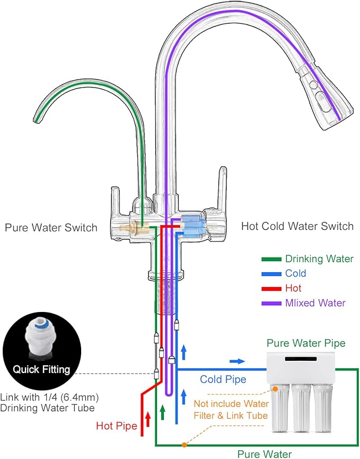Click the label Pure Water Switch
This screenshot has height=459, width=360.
click(x=51, y=228)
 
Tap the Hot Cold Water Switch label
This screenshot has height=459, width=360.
click(x=297, y=227)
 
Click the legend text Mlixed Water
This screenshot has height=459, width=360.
click(x=315, y=303)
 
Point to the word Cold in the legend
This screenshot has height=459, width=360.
click(x=295, y=274)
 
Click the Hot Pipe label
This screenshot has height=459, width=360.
click(x=116, y=426)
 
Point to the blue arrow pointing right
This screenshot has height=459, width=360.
click(x=238, y=361)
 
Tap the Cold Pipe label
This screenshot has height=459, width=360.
click(x=223, y=379)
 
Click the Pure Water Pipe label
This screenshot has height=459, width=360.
click(x=306, y=343)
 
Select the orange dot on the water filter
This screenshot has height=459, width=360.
click(x=275, y=389)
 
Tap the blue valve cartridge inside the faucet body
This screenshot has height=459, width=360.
click(x=192, y=225)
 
